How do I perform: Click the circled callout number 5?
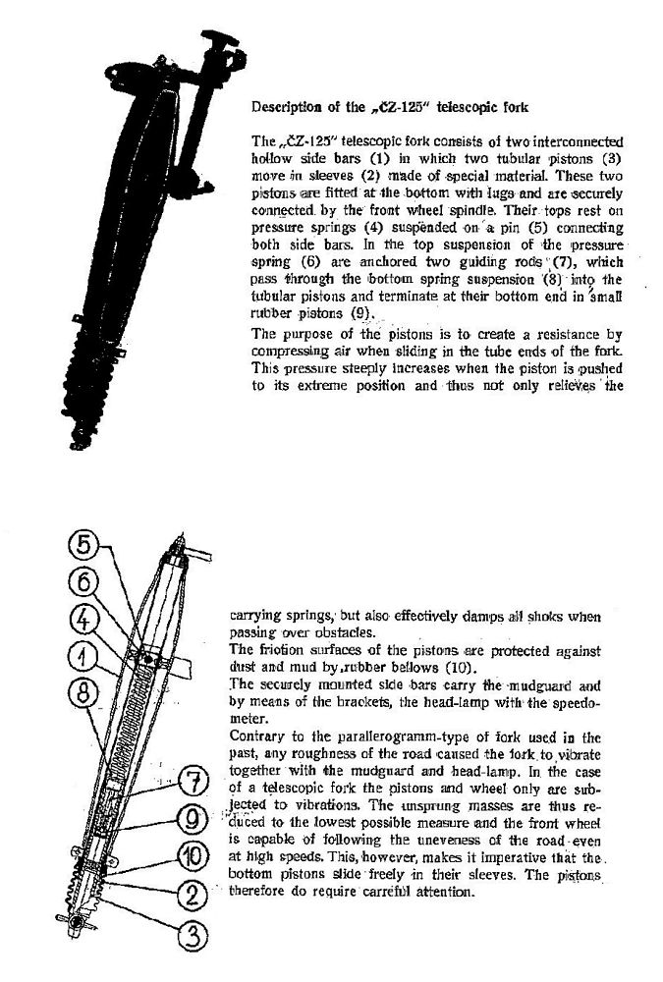(84, 543)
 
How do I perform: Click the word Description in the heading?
(291, 106)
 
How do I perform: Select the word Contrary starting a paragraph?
(256, 735)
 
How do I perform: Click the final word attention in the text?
(444, 892)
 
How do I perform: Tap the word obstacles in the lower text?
(356, 633)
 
